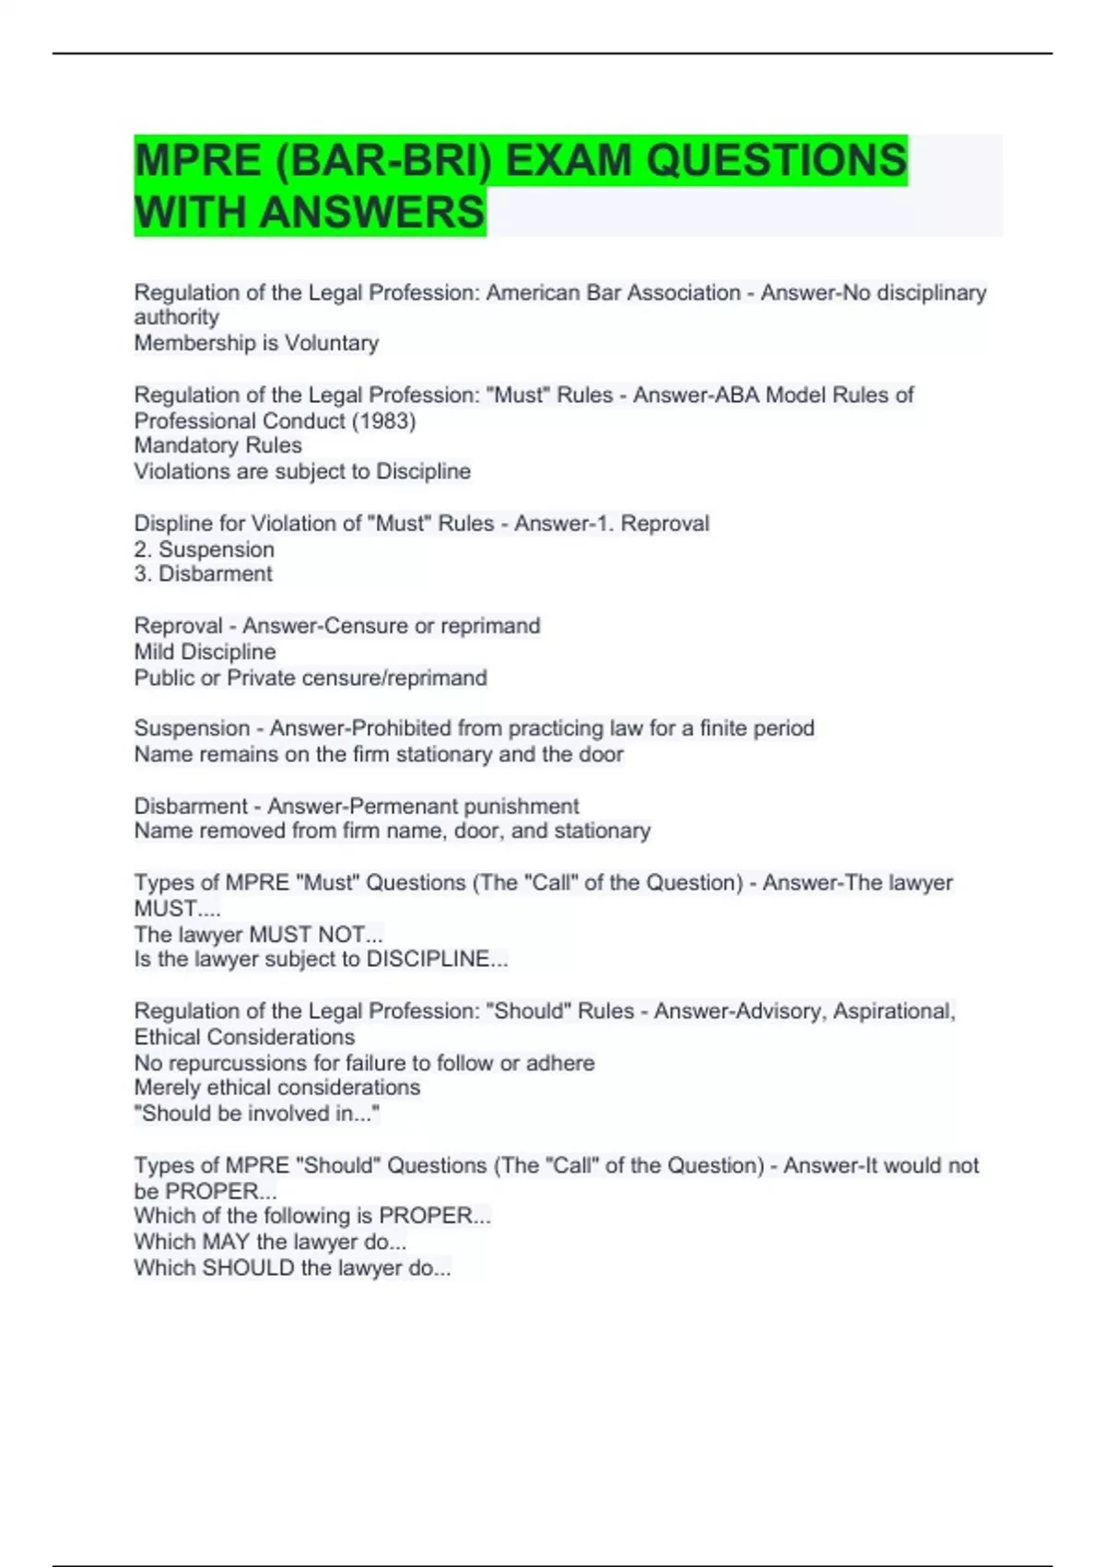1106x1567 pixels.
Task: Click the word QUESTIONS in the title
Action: (776, 160)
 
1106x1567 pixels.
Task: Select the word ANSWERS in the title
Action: (371, 212)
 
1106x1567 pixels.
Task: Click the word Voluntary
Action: (332, 343)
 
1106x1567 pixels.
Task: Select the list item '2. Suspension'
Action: (205, 549)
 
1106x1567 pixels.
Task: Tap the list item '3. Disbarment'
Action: (204, 574)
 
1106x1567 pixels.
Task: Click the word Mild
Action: (154, 652)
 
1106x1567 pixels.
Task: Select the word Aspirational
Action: (894, 1011)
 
